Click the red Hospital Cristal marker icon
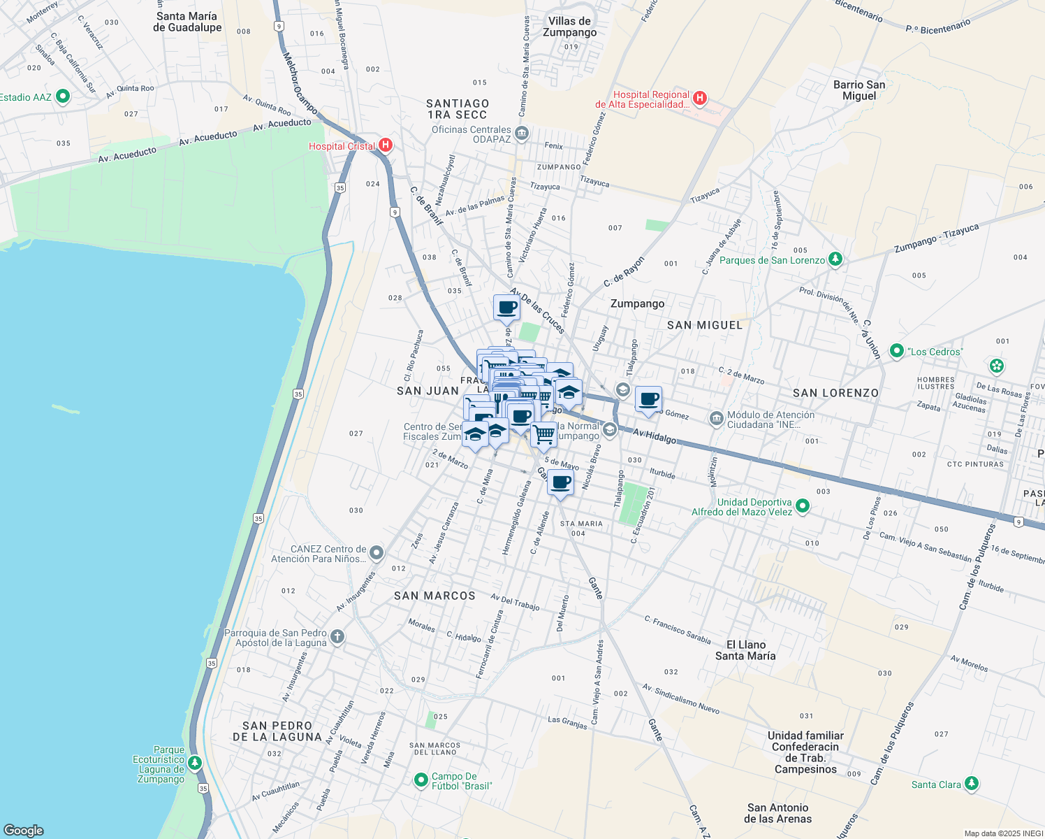385,145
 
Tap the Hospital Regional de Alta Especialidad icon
700,99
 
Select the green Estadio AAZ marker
62,96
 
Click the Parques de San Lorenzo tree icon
835,259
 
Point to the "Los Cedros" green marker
897,351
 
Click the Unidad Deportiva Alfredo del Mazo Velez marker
803,505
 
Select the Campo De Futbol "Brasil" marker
421,780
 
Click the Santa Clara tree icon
971,784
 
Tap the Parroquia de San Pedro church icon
337,636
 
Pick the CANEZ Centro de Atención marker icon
377,553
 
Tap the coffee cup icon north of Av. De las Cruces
506,307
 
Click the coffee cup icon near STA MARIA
560,482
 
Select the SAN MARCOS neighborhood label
434,596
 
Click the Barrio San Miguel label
859,90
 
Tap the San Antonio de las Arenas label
777,813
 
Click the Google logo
24,830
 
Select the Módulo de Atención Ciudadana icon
716,419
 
